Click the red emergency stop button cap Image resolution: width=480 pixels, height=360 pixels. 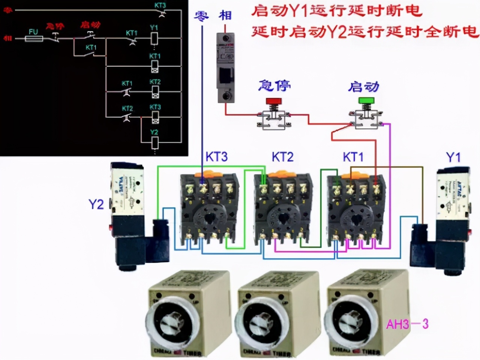[274, 101]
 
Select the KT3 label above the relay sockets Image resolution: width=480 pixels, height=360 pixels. [216, 157]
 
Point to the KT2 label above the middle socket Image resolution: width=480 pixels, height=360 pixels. [283, 157]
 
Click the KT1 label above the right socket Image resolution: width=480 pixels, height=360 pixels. [353, 157]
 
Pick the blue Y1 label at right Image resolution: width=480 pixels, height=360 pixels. [453, 157]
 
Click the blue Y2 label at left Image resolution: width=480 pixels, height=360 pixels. [96, 204]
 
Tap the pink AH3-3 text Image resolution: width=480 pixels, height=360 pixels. [407, 324]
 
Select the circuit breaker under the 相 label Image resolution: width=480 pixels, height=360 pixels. [226, 67]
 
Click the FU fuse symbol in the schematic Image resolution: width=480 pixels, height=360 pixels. [34, 38]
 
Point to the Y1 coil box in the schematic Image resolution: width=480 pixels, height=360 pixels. [154, 38]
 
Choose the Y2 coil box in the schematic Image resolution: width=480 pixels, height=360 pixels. [154, 142]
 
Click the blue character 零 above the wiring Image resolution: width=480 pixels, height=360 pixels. [201, 16]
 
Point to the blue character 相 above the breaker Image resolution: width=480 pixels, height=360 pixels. [225, 16]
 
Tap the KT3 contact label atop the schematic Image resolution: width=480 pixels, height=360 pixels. [160, 5]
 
